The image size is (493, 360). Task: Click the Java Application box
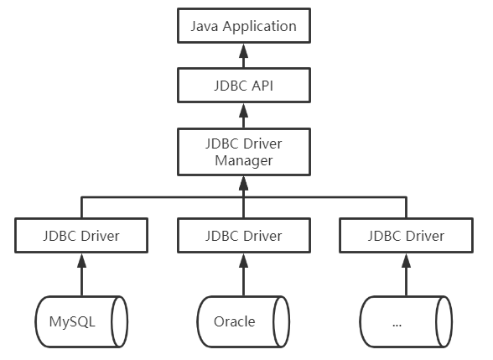(x=243, y=26)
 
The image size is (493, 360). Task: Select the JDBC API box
(x=243, y=86)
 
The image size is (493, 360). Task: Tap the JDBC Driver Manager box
(x=243, y=151)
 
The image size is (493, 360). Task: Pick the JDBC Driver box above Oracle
(x=243, y=235)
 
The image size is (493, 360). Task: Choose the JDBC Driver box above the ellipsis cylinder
(x=405, y=235)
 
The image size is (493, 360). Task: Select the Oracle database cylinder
(x=243, y=321)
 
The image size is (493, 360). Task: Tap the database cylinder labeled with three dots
(x=405, y=321)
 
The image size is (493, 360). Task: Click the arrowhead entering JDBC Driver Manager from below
(x=243, y=180)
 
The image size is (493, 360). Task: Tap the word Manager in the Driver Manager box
(x=243, y=160)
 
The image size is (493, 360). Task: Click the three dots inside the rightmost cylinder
(x=397, y=324)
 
